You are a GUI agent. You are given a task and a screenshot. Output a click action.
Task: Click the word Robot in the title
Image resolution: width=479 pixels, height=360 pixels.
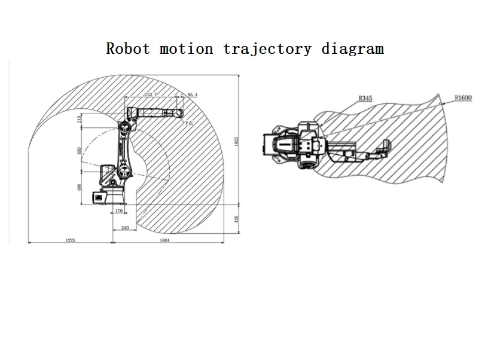pyautogui.click(x=127, y=49)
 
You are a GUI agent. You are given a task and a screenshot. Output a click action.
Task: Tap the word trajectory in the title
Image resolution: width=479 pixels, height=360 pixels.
pyautogui.click(x=267, y=49)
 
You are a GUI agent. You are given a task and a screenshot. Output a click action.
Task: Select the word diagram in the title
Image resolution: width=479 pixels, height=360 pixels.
pyautogui.click(x=352, y=49)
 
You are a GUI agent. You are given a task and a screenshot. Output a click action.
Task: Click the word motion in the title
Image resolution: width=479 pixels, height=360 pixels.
pyautogui.click(x=186, y=49)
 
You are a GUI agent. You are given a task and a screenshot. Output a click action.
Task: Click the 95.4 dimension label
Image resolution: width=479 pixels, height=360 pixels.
pyautogui.click(x=193, y=95)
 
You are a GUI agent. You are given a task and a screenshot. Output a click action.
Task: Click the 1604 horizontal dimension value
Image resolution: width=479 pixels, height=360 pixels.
pyautogui.click(x=166, y=240)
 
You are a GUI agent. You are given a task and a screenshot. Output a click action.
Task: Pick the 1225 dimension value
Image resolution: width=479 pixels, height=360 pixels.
pyautogui.click(x=70, y=240)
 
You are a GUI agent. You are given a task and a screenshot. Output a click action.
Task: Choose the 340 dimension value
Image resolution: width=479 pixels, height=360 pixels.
pyautogui.click(x=124, y=228)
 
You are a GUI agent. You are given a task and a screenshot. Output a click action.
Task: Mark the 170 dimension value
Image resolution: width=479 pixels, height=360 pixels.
pyautogui.click(x=118, y=210)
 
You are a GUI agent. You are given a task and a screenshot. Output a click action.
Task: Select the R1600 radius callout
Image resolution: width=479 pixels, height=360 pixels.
pyautogui.click(x=462, y=97)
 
